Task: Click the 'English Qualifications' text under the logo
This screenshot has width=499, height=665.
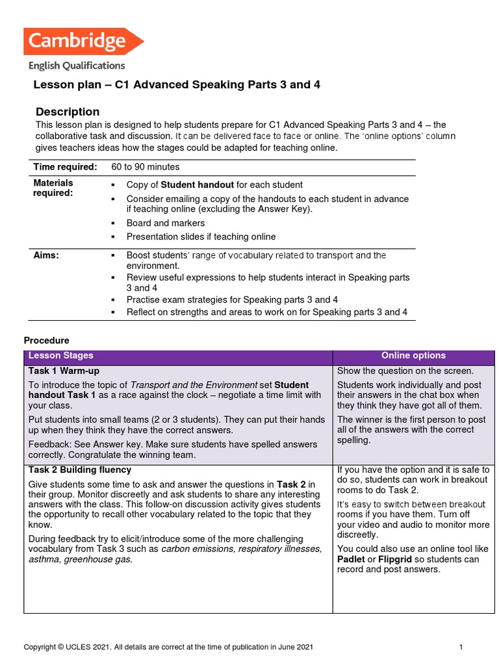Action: [x=77, y=66]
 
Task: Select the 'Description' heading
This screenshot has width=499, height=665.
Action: [x=68, y=112]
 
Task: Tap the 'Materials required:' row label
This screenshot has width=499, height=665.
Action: [x=53, y=188]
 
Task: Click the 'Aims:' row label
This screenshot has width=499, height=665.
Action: [x=46, y=256]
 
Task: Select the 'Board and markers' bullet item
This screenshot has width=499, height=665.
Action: [x=165, y=223]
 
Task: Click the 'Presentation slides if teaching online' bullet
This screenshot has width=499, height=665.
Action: [x=201, y=236]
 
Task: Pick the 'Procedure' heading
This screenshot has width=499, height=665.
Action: [x=46, y=340]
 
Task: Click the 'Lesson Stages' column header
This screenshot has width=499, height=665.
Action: [x=61, y=356]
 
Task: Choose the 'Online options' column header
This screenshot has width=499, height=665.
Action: [x=413, y=356]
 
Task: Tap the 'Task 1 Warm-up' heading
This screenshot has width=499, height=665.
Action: [x=64, y=371]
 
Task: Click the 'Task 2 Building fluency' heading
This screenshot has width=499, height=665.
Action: [x=80, y=470]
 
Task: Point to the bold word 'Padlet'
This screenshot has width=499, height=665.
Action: [x=352, y=559]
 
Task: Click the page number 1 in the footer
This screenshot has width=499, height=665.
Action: [x=460, y=647]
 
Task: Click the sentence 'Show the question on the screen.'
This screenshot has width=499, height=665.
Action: [x=405, y=371]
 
